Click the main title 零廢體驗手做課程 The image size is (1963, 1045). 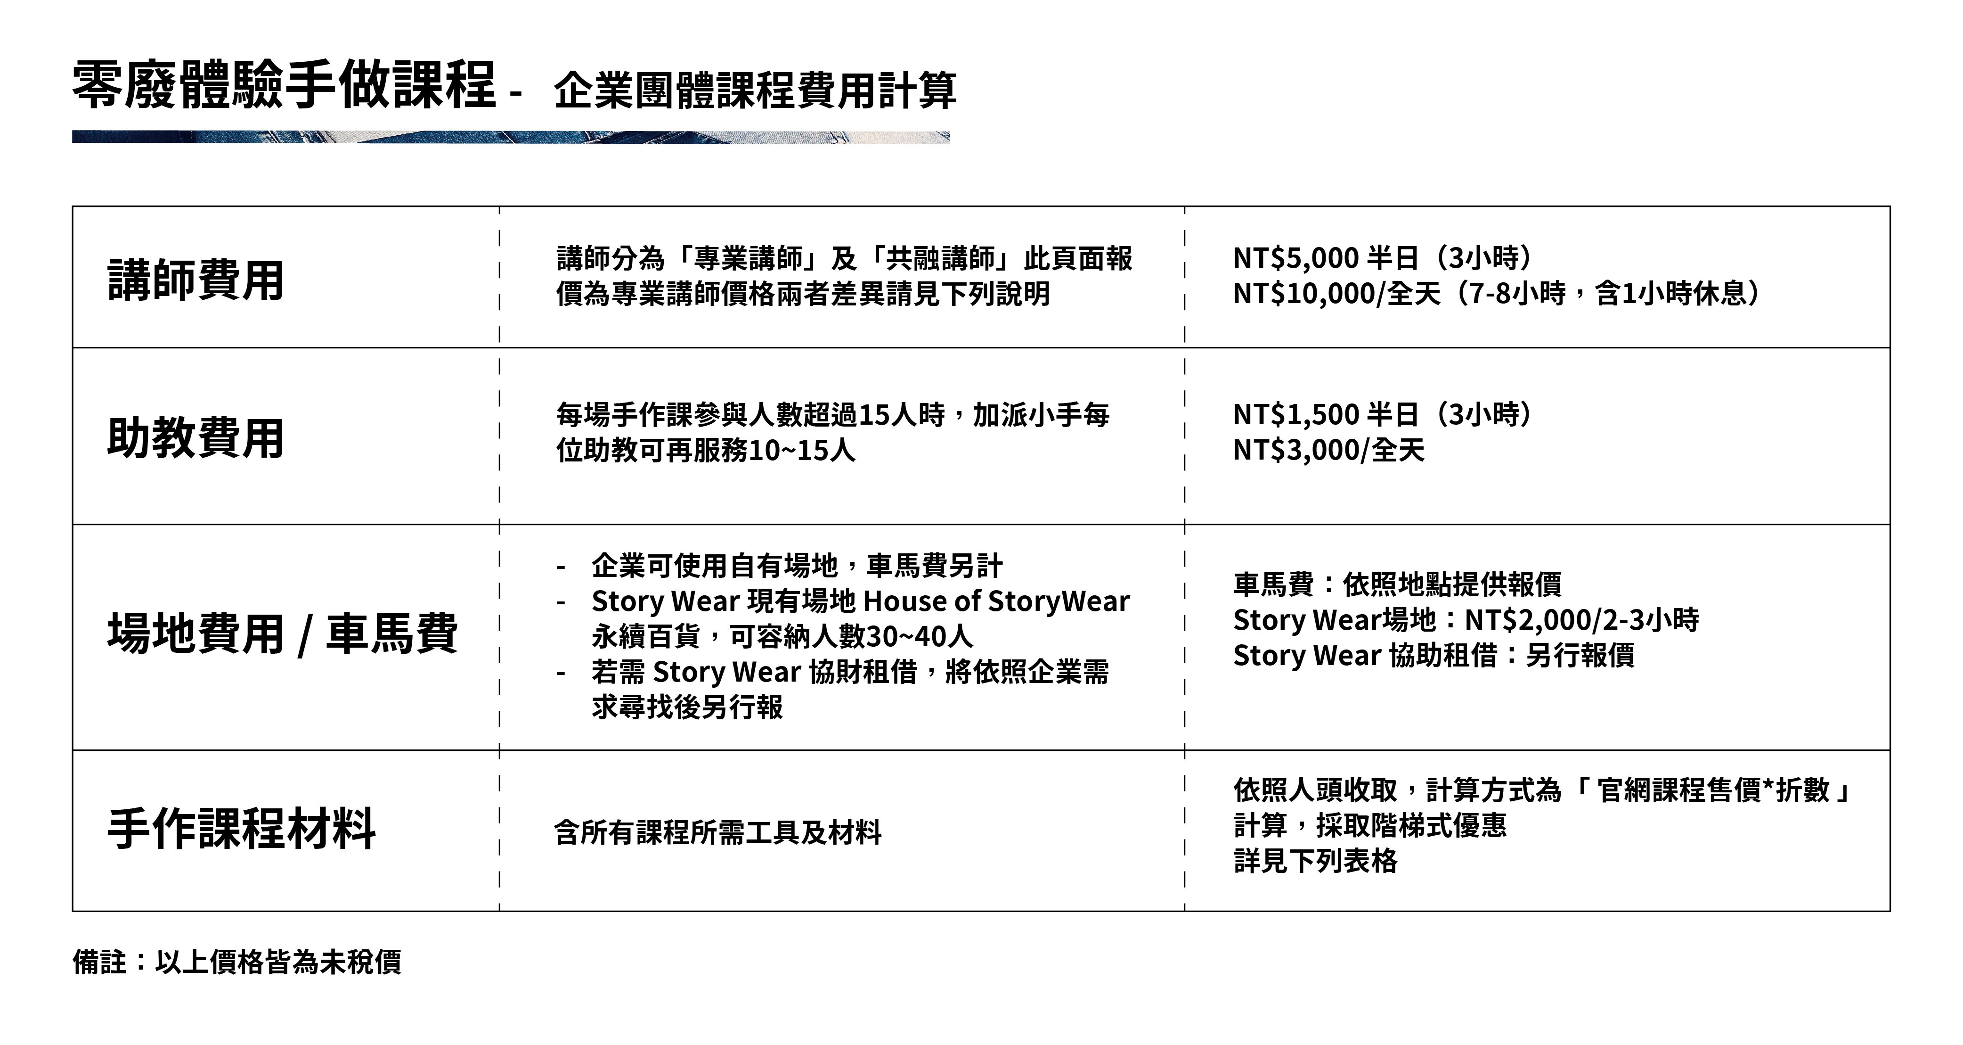click(284, 85)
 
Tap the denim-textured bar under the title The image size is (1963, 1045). click(511, 137)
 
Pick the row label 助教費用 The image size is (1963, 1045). click(196, 438)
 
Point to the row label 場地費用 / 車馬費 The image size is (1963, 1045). click(283, 633)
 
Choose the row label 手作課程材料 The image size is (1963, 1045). click(242, 829)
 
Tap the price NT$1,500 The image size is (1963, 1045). click(1295, 415)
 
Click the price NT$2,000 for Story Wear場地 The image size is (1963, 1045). click(1531, 620)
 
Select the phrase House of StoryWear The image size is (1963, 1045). click(996, 602)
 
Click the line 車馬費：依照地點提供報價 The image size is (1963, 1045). click(1397, 584)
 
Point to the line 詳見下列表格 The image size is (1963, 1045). click(1315, 861)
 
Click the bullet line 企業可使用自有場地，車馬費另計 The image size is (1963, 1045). click(796, 566)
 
